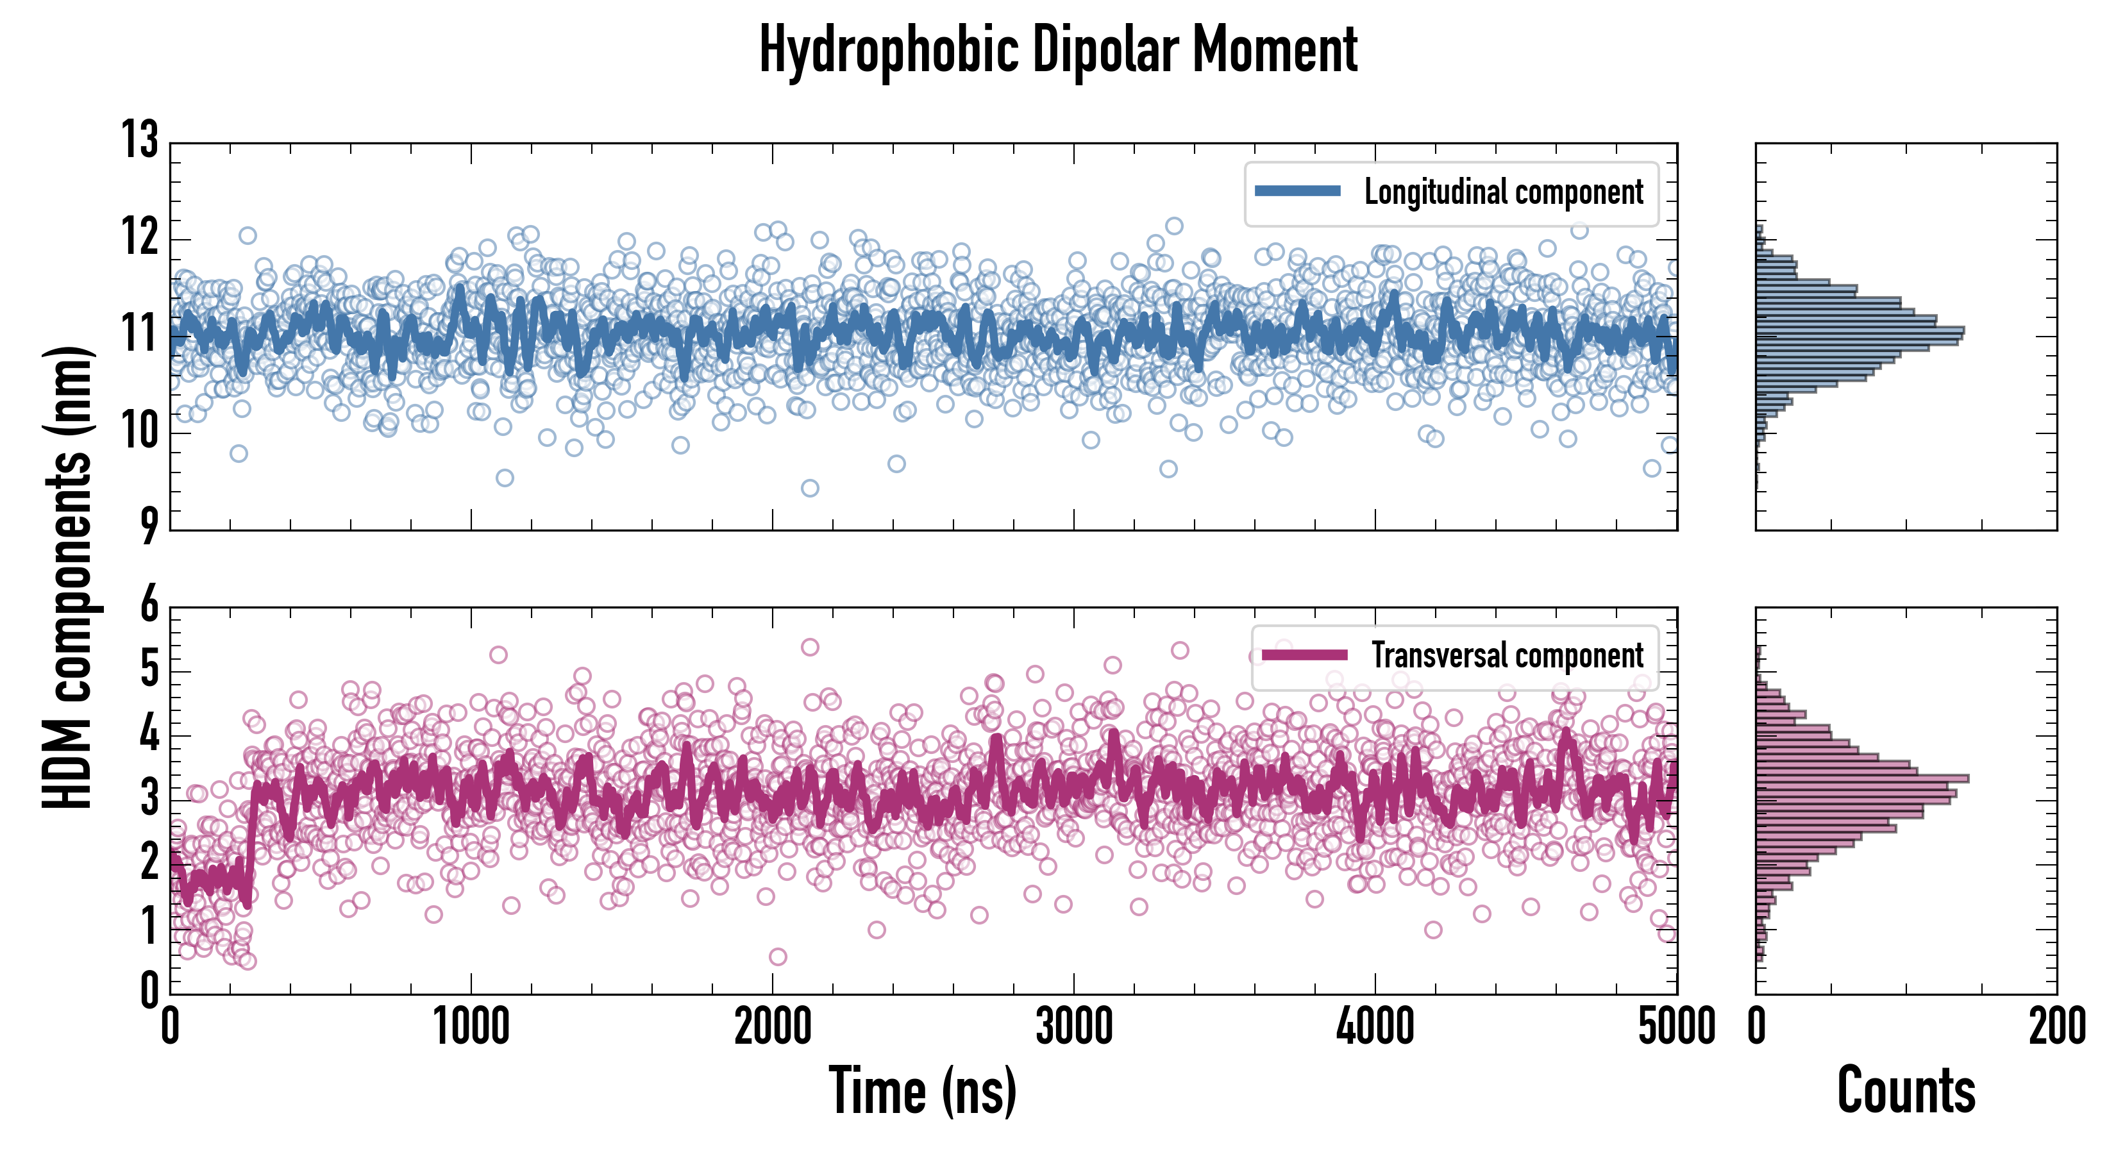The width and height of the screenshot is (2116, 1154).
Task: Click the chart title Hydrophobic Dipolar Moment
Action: tap(1058, 51)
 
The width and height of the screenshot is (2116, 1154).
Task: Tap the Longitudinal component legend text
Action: tap(1503, 192)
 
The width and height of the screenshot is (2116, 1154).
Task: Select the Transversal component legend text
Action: tap(1507, 655)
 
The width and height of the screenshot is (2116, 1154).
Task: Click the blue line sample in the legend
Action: tap(1298, 192)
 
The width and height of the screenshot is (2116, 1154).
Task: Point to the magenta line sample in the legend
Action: tap(1304, 655)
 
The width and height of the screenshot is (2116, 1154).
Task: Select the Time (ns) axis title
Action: tap(923, 1091)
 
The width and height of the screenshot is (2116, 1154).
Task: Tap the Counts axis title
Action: tap(1906, 1091)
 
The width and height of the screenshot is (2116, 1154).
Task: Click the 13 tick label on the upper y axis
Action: tap(140, 140)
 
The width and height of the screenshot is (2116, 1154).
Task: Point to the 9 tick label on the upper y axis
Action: tap(148, 526)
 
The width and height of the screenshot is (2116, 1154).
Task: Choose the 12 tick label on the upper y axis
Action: tap(140, 238)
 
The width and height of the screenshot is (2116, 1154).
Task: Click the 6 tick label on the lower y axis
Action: tap(149, 606)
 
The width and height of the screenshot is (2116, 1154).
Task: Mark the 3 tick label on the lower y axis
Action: tap(149, 798)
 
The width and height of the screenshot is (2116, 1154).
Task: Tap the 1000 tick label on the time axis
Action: tap(471, 1026)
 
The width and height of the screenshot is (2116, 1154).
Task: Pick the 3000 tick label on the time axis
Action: tap(1073, 1026)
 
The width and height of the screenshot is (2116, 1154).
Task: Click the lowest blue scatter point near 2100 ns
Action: tap(810, 489)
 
